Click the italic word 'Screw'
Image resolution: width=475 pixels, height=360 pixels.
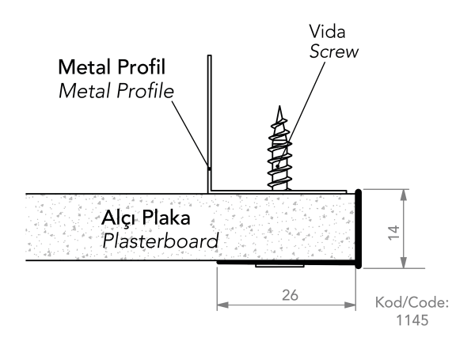click(x=333, y=52)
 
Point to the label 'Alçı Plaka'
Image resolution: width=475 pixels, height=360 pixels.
click(x=146, y=218)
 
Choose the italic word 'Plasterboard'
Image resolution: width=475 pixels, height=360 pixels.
click(x=161, y=239)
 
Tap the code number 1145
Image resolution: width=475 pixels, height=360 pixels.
click(x=412, y=320)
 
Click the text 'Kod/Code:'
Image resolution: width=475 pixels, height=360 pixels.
click(x=411, y=303)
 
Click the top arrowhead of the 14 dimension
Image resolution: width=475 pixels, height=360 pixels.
click(x=405, y=194)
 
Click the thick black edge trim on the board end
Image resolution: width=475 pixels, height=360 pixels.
click(x=359, y=229)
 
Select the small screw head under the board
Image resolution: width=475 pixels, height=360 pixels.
click(x=282, y=267)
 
